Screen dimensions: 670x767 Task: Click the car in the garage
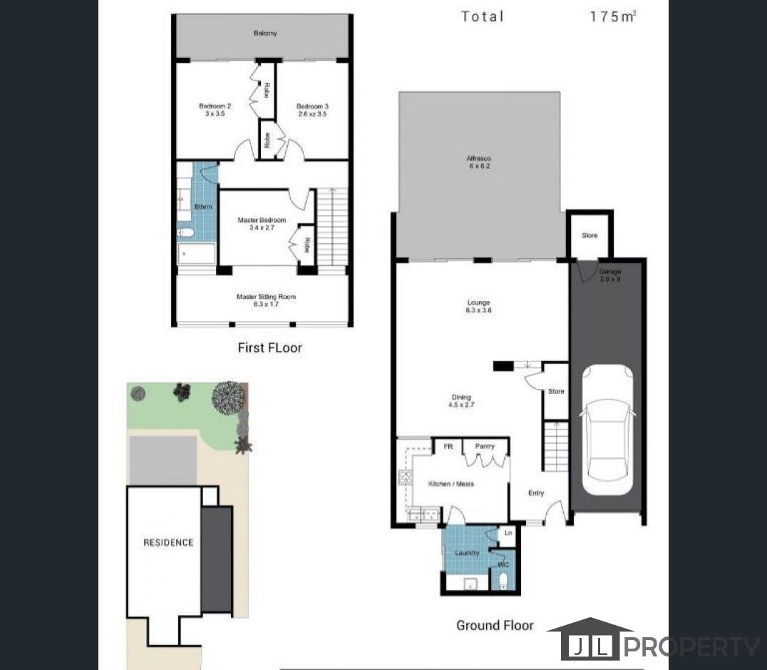pos(607,431)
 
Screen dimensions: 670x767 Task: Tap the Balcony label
pos(264,34)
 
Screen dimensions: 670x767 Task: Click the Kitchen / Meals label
pos(451,484)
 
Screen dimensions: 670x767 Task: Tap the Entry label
pos(535,492)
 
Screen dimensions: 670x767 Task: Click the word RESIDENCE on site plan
pos(168,542)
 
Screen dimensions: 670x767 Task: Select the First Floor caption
pos(269,348)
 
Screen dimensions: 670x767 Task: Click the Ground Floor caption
pos(495,625)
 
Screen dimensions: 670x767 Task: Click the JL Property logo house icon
pos(588,639)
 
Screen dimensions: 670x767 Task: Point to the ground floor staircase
pos(556,446)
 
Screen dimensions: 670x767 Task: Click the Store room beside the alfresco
pos(589,235)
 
